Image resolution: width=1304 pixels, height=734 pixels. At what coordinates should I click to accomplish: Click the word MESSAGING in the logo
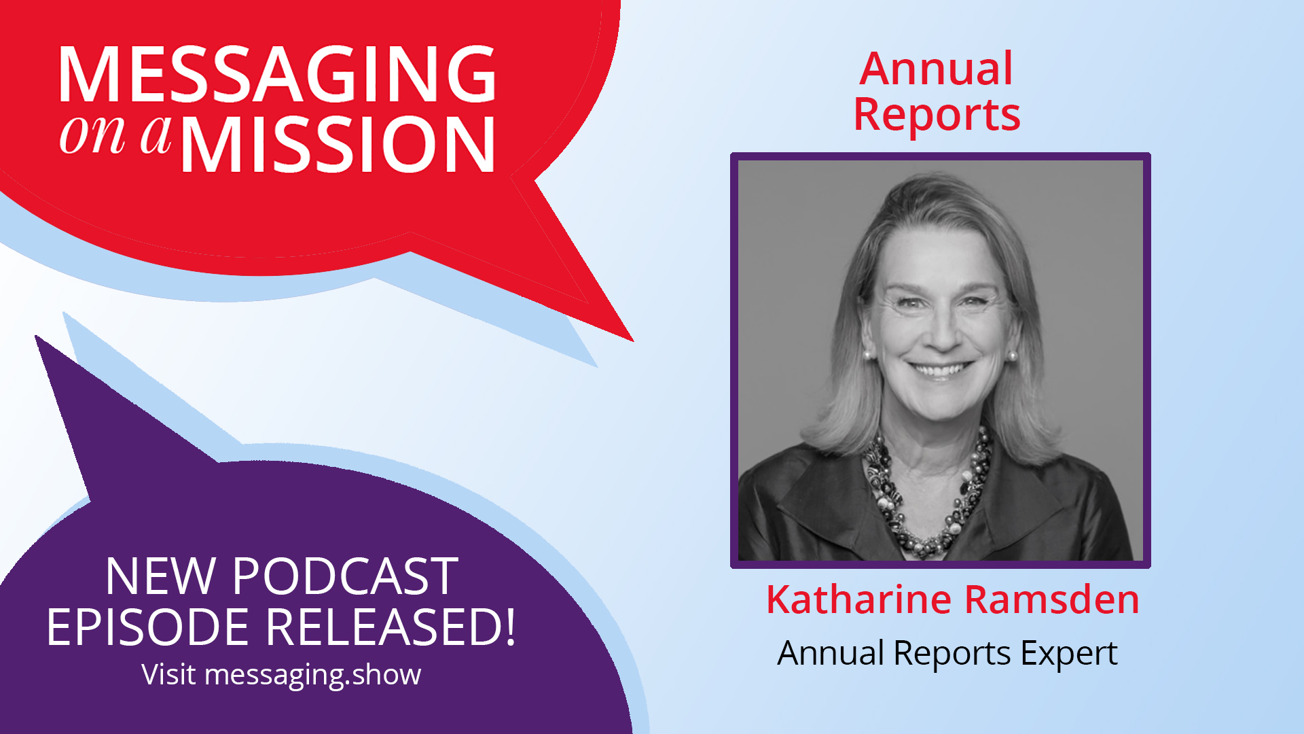point(277,75)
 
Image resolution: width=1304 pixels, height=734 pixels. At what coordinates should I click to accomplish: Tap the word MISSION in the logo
point(338,145)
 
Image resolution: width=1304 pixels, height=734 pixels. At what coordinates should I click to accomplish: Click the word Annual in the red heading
point(936,69)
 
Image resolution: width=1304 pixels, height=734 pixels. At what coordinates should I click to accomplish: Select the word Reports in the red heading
point(937,114)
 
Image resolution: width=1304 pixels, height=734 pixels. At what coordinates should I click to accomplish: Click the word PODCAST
point(345,576)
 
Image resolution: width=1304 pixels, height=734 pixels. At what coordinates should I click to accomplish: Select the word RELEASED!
point(390,627)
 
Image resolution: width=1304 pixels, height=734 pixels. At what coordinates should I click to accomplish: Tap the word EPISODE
point(147,627)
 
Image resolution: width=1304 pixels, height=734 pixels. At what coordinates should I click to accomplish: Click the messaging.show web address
point(312,675)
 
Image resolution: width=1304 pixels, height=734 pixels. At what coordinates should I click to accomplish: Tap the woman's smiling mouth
point(941,370)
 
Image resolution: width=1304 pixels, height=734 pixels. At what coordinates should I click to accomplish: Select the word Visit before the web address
point(168,675)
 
